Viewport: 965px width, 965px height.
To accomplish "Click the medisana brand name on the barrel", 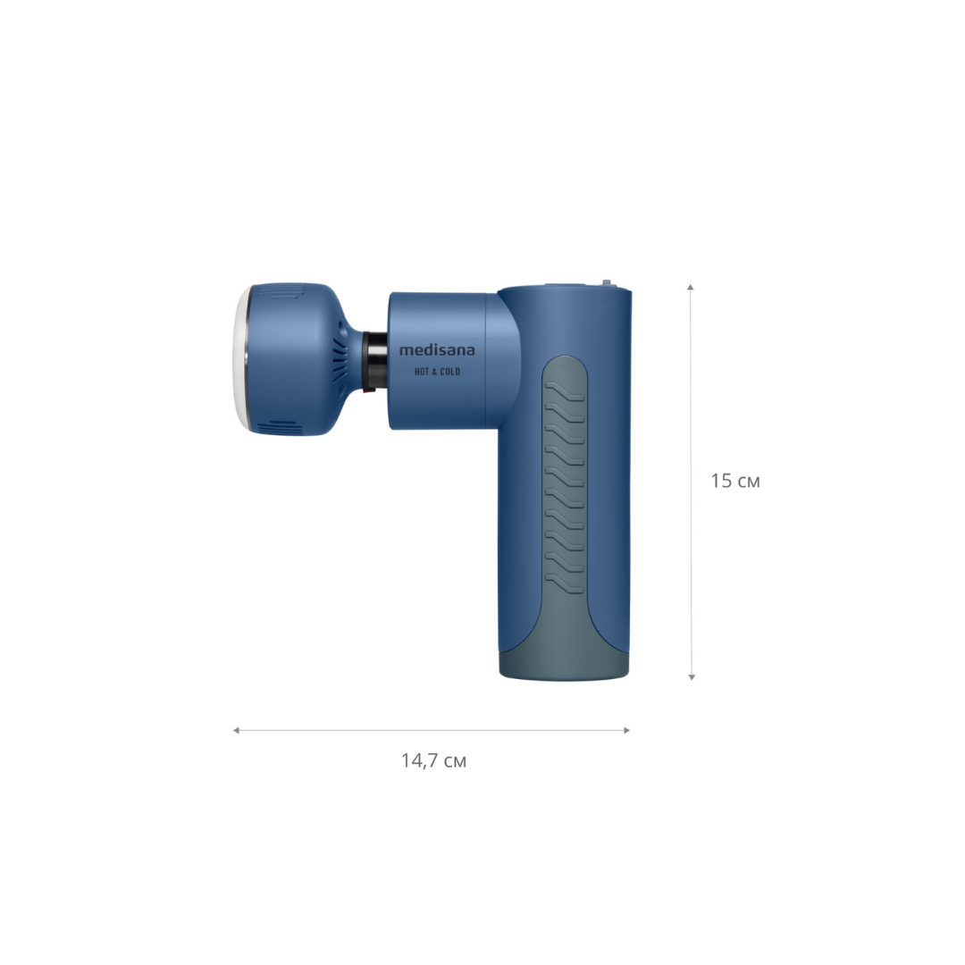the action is click(437, 350).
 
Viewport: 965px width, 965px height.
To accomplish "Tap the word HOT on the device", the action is click(422, 372).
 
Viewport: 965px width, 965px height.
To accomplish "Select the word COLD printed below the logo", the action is click(449, 372).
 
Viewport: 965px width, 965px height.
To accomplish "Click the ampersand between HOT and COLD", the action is click(434, 372).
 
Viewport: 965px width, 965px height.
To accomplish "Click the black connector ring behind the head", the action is click(374, 360).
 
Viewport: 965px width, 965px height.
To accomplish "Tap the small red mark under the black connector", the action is click(367, 390).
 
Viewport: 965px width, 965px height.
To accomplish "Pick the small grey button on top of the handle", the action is click(606, 283).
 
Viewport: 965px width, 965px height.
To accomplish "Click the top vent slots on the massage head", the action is click(289, 291).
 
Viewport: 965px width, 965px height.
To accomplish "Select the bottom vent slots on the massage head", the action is click(280, 428).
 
